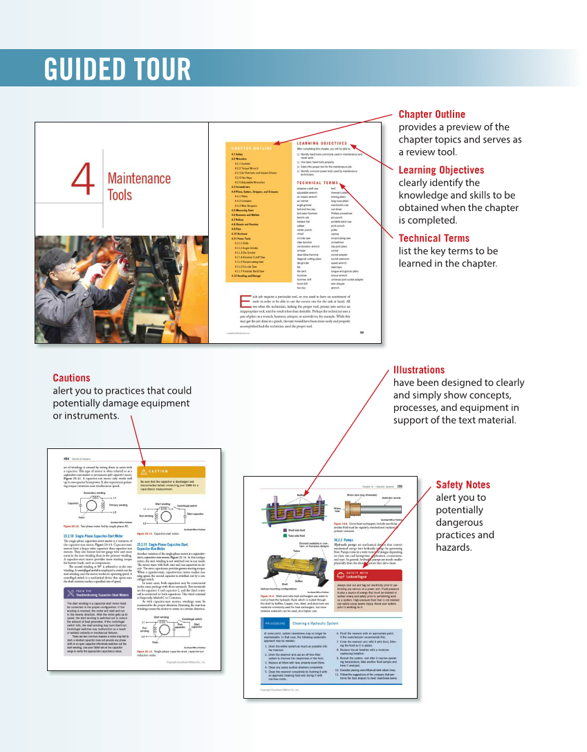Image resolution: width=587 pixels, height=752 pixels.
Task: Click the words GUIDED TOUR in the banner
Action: pos(118,70)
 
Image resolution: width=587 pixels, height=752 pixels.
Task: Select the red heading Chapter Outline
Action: pos(431,114)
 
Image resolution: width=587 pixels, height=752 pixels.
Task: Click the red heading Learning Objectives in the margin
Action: pos(441,170)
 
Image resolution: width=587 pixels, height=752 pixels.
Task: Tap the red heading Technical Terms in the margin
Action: pos(434,238)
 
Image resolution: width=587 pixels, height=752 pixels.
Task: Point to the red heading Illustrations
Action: pos(418,369)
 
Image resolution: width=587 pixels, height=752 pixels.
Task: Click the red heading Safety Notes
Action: pos(463,485)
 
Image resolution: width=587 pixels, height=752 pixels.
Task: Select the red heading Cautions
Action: pos(71,378)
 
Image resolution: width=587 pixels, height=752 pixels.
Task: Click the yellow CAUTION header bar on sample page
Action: pos(170,471)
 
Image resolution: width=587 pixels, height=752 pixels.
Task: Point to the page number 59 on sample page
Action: pos(362,332)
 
